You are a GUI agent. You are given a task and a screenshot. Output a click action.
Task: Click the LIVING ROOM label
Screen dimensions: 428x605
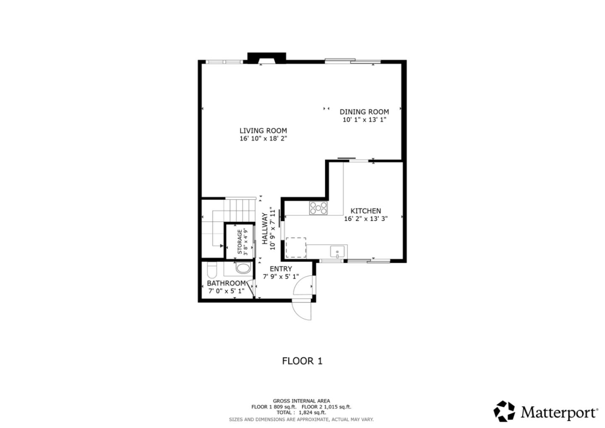click(263, 131)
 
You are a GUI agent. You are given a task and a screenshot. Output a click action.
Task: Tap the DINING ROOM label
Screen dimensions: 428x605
click(364, 112)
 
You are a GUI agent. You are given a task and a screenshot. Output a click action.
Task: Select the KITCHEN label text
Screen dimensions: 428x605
click(366, 211)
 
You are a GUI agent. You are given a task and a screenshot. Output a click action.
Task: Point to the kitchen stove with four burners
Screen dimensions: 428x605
click(318, 208)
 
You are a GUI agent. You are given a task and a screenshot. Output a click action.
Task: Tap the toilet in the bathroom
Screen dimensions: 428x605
click(212, 269)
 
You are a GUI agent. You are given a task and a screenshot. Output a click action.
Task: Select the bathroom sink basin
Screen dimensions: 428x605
click(242, 268)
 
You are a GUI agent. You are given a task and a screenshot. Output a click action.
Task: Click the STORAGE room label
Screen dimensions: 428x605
click(240, 242)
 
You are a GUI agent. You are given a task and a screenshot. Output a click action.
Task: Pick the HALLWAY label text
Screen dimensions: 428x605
click(265, 229)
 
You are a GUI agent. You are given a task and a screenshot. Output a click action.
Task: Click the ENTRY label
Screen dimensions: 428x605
click(281, 269)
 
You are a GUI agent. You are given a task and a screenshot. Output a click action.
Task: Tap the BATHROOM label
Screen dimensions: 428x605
click(226, 283)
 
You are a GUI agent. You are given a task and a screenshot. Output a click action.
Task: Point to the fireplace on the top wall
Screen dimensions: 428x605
click(266, 58)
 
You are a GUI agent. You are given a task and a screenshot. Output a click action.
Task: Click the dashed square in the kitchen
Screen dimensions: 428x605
click(296, 248)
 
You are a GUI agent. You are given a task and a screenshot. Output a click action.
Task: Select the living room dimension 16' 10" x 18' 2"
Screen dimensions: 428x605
click(263, 139)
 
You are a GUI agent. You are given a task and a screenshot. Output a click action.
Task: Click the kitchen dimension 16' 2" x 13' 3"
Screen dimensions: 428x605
click(366, 219)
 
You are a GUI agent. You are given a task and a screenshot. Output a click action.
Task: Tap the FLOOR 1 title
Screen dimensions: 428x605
click(302, 361)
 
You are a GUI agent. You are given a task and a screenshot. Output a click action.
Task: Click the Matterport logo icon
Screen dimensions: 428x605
click(504, 411)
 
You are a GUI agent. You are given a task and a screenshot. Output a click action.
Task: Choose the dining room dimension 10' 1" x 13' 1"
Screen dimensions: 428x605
click(364, 120)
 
